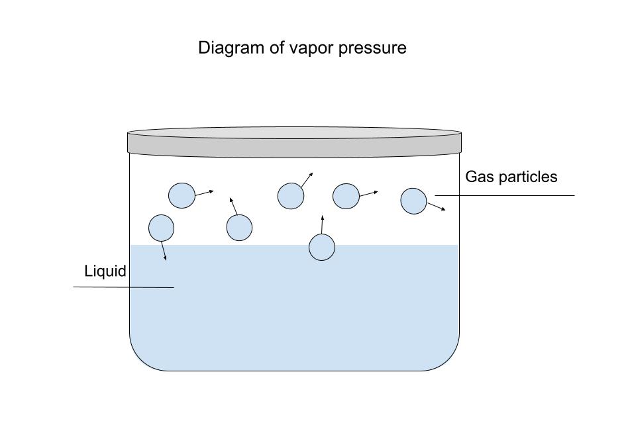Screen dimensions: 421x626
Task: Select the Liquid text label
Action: (x=105, y=271)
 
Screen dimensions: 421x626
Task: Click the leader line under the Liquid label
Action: (x=123, y=287)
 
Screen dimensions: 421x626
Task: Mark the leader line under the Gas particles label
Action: (x=503, y=195)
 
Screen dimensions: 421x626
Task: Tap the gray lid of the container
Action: (x=294, y=142)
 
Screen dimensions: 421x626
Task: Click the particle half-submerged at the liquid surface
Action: (x=322, y=248)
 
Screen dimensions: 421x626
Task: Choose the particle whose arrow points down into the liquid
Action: (x=161, y=228)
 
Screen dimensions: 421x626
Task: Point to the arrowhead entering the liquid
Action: (x=165, y=258)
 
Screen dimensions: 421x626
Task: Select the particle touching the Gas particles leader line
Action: (x=414, y=201)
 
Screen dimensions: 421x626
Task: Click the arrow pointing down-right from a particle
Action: (x=436, y=207)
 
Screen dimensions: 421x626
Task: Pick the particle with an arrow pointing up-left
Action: (x=239, y=228)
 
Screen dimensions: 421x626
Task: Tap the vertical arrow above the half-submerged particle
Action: (x=322, y=224)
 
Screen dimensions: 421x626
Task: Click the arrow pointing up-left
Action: (x=233, y=206)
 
